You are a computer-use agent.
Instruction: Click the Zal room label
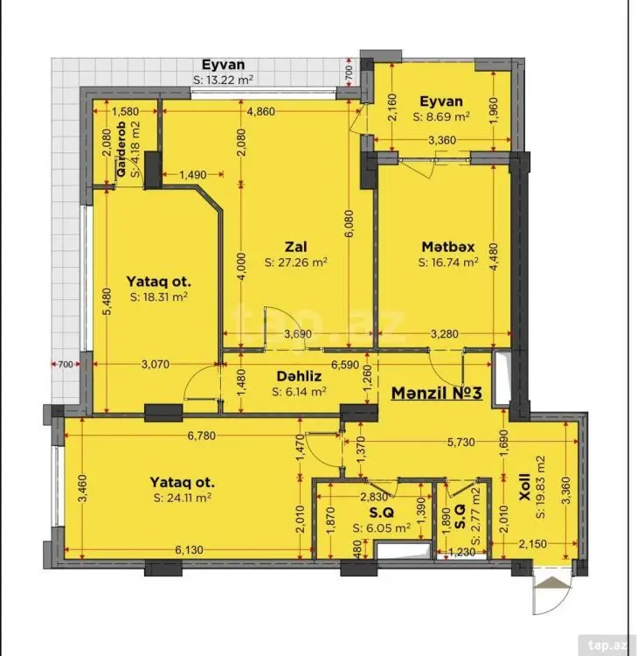click(x=295, y=247)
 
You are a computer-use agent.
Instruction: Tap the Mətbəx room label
click(x=448, y=247)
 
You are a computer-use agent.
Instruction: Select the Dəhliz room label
click(x=299, y=376)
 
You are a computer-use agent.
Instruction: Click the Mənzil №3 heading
click(x=436, y=393)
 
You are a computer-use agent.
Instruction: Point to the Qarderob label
click(x=122, y=149)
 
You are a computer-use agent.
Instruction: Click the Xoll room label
click(x=524, y=487)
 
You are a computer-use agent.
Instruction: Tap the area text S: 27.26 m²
click(x=296, y=262)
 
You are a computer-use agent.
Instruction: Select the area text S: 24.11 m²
click(x=183, y=498)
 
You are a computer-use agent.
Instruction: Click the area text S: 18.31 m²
click(x=158, y=297)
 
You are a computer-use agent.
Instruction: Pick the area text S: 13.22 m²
click(x=223, y=80)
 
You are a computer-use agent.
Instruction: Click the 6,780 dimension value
click(x=202, y=436)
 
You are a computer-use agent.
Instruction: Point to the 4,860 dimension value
click(x=261, y=111)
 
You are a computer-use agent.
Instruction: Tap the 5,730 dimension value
click(x=461, y=443)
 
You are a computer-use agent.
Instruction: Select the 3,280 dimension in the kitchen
click(x=444, y=334)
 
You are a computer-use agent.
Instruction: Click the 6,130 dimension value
click(x=190, y=550)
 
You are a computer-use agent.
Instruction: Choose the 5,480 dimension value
click(x=107, y=301)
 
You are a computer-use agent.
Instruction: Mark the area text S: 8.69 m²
click(x=441, y=116)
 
